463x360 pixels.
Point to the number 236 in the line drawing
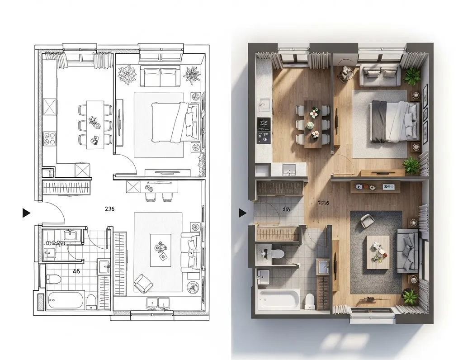coord(109,209)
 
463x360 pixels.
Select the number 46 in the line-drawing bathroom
coord(76,271)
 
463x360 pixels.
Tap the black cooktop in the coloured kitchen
coord(264,124)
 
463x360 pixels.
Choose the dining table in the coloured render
coord(314,123)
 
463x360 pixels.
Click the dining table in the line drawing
coord(94,123)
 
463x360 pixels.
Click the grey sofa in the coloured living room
coord(407,251)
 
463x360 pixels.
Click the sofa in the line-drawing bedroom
coord(160,76)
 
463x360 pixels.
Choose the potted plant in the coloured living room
coord(410,297)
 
